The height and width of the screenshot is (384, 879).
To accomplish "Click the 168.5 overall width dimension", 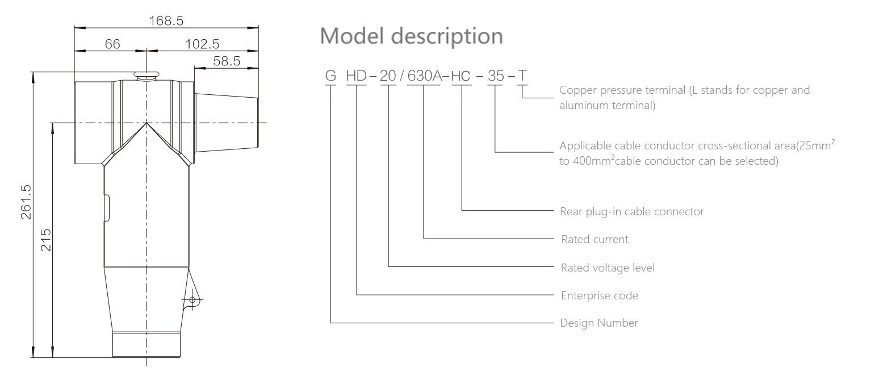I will click(x=166, y=21).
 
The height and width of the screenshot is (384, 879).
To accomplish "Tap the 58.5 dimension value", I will click(x=226, y=61).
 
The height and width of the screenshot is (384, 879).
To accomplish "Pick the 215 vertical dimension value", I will click(x=45, y=240).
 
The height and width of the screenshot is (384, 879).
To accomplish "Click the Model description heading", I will click(x=412, y=36).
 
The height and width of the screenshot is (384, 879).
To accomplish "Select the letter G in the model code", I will click(x=330, y=76).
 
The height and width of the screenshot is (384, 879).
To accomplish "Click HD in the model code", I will click(x=357, y=76).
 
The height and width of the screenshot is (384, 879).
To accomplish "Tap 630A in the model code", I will click(x=424, y=76).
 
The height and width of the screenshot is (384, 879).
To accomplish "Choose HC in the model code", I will click(x=461, y=76).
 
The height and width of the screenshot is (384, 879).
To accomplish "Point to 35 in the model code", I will click(x=496, y=76).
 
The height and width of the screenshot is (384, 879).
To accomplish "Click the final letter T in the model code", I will click(x=522, y=76).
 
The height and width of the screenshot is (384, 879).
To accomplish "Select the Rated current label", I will click(x=594, y=239).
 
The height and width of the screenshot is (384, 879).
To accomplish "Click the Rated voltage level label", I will click(x=607, y=267).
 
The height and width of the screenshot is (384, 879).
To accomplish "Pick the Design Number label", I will click(x=598, y=323).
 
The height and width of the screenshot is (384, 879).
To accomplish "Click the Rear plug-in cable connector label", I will click(x=631, y=211).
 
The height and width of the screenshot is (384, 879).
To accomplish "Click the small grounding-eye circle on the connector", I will click(x=192, y=299).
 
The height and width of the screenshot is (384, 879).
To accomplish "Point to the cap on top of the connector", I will click(x=147, y=74).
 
